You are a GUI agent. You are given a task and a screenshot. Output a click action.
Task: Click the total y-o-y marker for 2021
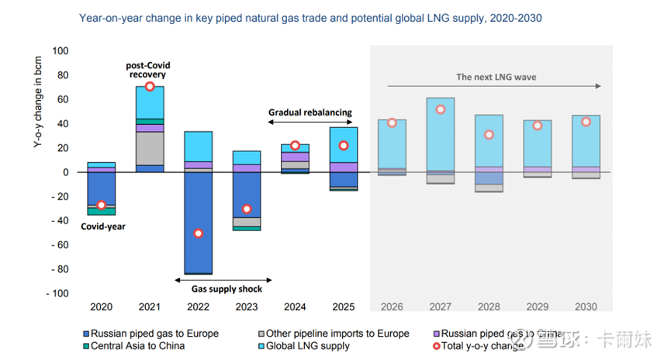150,86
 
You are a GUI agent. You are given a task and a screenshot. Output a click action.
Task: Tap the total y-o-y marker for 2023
247,209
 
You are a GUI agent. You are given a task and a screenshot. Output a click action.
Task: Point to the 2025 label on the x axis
343,306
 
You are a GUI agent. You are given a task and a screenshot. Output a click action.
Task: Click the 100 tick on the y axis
61,51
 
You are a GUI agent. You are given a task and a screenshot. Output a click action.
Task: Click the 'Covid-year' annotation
104,227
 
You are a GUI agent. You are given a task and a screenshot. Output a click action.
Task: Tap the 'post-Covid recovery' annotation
147,70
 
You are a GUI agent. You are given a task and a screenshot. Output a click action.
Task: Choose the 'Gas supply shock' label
227,289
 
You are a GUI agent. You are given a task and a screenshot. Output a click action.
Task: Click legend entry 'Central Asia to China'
137,345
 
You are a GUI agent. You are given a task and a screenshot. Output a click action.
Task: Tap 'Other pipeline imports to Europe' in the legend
338,334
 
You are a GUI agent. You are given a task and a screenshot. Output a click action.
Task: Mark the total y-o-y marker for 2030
586,122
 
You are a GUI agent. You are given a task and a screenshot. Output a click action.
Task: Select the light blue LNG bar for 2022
198,147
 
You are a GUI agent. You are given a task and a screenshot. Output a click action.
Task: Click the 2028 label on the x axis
489,306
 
